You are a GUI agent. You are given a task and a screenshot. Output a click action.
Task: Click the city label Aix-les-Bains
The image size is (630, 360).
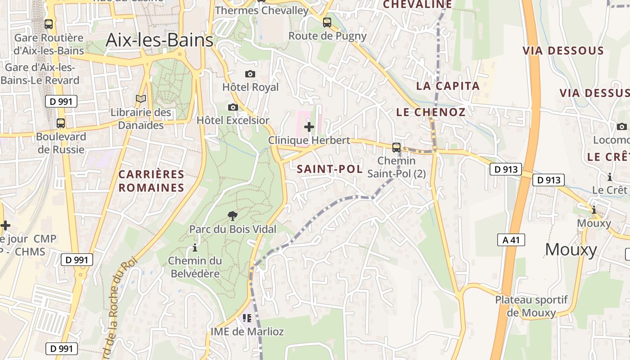(159, 40)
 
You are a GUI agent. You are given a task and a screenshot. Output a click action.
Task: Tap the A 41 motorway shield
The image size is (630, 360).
(511, 240)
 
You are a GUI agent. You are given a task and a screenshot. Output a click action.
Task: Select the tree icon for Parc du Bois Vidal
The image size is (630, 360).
(233, 216)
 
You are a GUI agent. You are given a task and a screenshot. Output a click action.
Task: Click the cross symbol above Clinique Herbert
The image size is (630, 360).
(309, 127)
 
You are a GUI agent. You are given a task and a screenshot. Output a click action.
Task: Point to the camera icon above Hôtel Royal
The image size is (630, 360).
(250, 74)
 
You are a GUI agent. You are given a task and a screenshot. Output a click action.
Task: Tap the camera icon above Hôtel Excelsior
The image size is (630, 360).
(233, 107)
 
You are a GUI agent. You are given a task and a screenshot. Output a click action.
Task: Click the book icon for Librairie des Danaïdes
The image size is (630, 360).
(141, 99)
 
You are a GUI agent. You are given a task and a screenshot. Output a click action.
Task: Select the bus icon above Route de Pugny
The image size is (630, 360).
(327, 22)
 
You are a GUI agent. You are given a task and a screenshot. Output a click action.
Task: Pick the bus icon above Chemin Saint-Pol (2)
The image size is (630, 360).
(396, 147)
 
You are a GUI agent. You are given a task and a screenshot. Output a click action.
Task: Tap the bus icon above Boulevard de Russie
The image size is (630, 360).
(60, 123)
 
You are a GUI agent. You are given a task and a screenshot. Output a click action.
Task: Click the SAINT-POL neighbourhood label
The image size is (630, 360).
(330, 169)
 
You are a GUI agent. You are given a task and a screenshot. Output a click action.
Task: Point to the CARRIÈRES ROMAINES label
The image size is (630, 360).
(152, 181)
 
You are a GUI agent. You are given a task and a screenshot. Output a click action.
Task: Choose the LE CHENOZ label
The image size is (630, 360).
(431, 112)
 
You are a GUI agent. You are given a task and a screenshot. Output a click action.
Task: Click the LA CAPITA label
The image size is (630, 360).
(448, 86)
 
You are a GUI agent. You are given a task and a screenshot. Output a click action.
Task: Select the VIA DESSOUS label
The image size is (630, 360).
(563, 50)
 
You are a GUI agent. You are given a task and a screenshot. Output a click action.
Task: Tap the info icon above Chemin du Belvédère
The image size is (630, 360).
(195, 247)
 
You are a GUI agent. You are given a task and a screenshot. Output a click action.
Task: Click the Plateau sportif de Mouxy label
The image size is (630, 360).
(531, 306)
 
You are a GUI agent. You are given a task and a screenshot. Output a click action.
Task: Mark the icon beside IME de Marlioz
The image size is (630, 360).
(247, 318)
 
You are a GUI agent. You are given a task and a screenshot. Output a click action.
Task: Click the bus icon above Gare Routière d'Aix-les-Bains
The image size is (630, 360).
(49, 24)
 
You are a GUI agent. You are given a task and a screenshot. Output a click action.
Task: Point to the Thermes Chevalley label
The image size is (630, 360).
(262, 10)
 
